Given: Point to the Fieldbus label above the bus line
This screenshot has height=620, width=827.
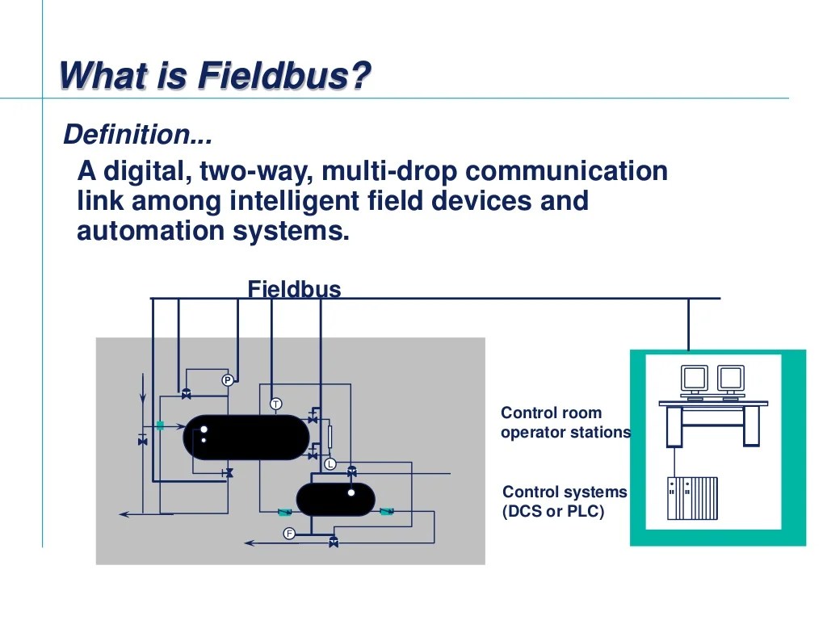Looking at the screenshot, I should point(294,289).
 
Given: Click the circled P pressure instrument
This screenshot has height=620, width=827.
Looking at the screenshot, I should point(228,380).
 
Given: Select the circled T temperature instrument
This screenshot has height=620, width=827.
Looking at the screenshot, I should point(275,404).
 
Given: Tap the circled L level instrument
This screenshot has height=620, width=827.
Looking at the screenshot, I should point(330,464).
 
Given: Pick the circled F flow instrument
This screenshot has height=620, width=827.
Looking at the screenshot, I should point(289,534).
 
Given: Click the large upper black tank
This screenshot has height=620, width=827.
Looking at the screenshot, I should point(246,437).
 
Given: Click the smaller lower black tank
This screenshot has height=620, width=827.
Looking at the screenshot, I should point(335,499).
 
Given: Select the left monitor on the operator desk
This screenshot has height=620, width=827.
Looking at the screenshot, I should point(695,379).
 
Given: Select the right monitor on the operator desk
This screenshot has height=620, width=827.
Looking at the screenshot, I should point(730,379).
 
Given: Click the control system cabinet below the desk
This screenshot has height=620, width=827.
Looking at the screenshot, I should point(692,498).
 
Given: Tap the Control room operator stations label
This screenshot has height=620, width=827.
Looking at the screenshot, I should point(565,422).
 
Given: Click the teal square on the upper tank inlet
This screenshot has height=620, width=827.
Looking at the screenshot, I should point(160,425).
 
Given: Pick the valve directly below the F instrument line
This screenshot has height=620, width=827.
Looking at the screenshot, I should point(334,542).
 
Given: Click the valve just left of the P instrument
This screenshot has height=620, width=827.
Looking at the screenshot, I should point(187,394).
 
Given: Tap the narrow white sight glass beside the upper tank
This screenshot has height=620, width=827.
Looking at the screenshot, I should point(330,437).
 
